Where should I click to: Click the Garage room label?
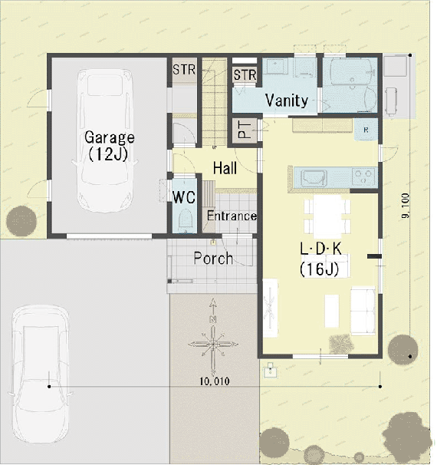point(110,137)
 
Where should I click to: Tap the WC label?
point(184,197)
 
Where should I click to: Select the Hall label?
point(225,168)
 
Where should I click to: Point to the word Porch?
point(213,258)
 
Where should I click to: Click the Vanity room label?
point(287,101)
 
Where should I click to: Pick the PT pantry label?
point(245,129)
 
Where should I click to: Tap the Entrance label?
point(232,216)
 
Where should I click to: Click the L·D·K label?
point(321,249)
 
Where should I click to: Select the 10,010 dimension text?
point(215,381)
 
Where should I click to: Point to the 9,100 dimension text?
point(406,206)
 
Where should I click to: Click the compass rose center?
point(213,345)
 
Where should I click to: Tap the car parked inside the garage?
point(105,140)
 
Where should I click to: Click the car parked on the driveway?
point(41,374)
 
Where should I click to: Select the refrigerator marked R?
point(366,130)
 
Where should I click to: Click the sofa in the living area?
point(363,311)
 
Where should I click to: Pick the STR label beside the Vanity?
point(245,75)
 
